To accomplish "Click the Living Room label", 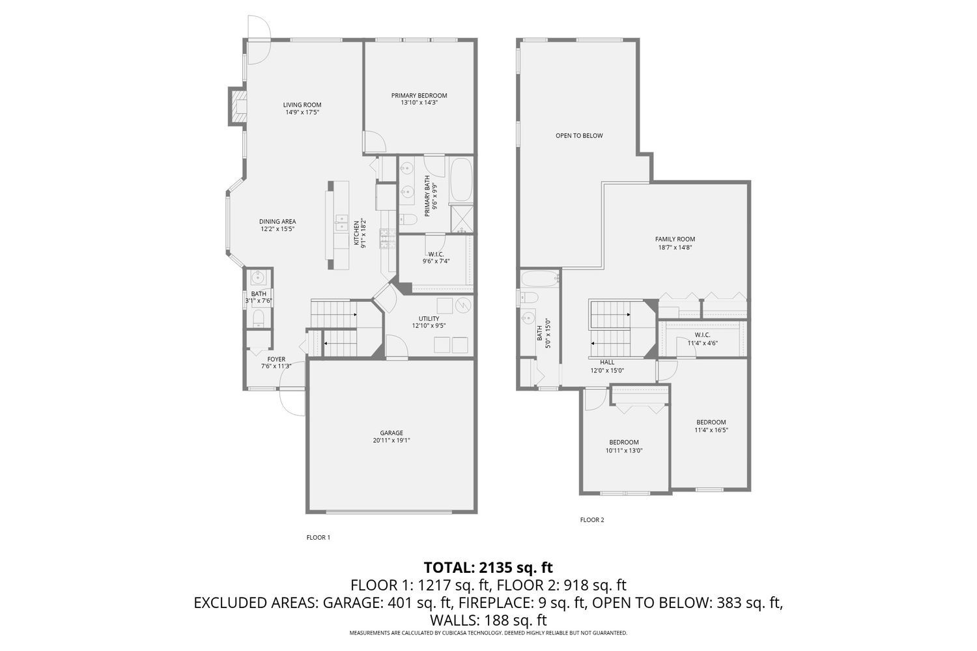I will (302, 105).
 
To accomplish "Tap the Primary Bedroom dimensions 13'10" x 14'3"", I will (419, 103).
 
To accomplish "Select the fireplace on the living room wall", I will (236, 105).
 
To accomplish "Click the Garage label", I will (391, 433).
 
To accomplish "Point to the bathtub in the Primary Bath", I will (462, 180).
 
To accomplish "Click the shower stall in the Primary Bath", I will (462, 218).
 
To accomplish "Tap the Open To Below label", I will (579, 136).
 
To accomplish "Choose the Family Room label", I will (675, 239).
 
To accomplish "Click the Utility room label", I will (429, 318).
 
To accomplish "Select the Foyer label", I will (276, 359).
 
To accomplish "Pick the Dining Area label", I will (277, 221).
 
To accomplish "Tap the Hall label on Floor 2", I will (607, 363).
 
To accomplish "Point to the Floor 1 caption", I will (319, 538).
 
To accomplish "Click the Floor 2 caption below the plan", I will (592, 520).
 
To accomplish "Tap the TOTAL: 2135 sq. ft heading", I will (488, 567).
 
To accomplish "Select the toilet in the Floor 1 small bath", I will (258, 318).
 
